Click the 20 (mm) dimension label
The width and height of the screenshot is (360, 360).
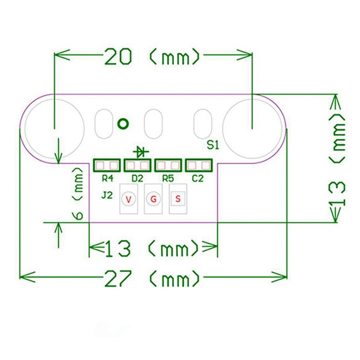pyautogui.click(x=153, y=57)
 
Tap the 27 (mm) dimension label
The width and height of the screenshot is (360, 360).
pyautogui.click(x=153, y=278)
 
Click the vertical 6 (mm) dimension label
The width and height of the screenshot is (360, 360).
pyautogui.click(x=78, y=193)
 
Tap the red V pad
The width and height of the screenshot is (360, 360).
pyautogui.click(x=129, y=199)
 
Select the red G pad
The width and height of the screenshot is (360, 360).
pyautogui.click(x=153, y=199)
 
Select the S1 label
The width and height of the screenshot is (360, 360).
pyautogui.click(x=212, y=145)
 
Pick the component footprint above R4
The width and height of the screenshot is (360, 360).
pyautogui.click(x=107, y=165)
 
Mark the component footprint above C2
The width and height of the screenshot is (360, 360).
pyautogui.click(x=198, y=165)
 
